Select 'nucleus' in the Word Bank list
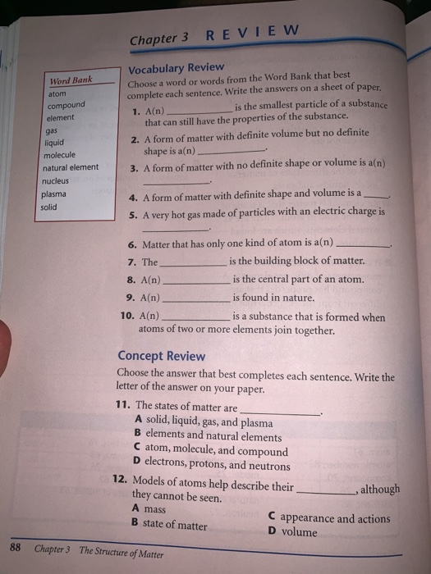pyautogui.click(x=57, y=180)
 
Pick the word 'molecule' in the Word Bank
pyautogui.click(x=59, y=154)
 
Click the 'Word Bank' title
pyautogui.click(x=70, y=81)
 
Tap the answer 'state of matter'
pyautogui.click(x=174, y=525)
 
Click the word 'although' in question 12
pyautogui.click(x=381, y=489)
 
